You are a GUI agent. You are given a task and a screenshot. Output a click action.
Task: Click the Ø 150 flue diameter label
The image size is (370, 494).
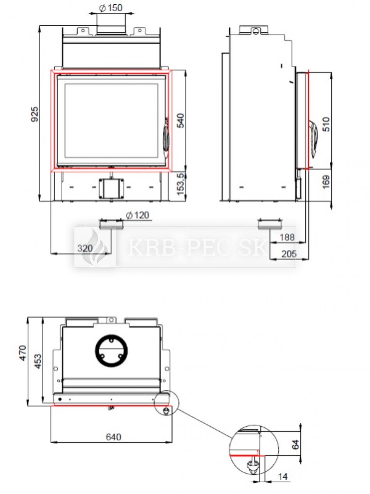[111, 8]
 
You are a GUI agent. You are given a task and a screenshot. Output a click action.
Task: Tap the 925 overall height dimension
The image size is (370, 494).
[34, 114]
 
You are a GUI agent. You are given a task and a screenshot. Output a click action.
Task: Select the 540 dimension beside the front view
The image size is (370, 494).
[180, 121]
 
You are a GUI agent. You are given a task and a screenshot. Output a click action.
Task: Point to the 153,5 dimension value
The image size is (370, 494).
[181, 184]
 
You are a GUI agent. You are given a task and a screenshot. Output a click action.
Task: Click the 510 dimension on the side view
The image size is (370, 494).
[326, 124]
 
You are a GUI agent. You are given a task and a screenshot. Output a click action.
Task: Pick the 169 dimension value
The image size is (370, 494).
[326, 182]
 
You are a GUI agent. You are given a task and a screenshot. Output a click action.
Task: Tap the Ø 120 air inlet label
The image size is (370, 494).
[137, 215]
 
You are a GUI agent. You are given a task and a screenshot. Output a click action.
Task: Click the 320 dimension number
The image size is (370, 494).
[85, 248]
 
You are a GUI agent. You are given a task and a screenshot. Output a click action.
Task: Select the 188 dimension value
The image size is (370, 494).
[287, 237]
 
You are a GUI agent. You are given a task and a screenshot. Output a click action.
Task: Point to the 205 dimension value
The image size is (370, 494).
[289, 254]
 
